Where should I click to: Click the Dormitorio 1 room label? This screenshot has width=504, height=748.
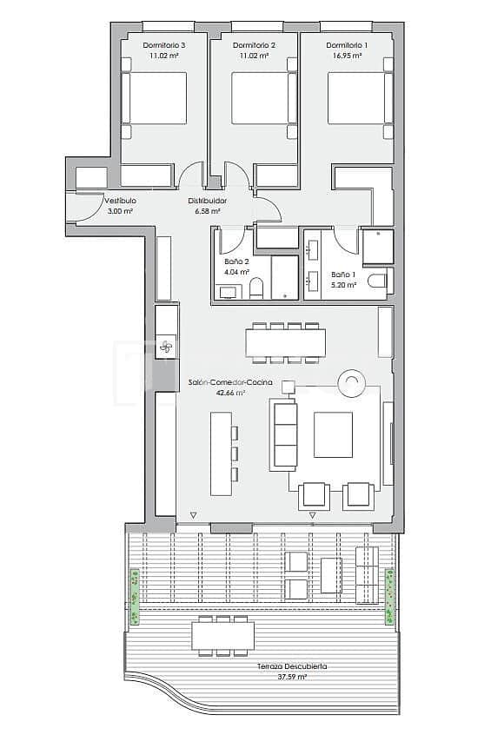[346, 45]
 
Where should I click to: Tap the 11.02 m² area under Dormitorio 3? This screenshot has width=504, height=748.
[162, 56]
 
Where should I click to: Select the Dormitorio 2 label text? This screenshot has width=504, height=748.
[255, 45]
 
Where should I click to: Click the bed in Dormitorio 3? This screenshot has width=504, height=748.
[155, 98]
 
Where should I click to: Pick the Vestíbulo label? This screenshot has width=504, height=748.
[120, 201]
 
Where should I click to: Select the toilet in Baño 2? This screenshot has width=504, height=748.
[256, 288]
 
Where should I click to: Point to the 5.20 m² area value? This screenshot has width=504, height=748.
[342, 284]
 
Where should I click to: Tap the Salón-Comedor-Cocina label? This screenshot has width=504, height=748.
[230, 383]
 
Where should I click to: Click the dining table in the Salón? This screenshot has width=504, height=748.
[285, 342]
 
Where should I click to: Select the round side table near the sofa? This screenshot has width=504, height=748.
[352, 382]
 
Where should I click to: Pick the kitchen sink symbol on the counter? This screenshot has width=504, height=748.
[167, 347]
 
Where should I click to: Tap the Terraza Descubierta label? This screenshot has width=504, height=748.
[292, 666]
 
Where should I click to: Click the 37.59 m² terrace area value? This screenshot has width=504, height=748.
[292, 676]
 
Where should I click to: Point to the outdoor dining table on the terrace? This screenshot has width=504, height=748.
[222, 636]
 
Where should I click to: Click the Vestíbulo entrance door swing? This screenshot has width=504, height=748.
[87, 206]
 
